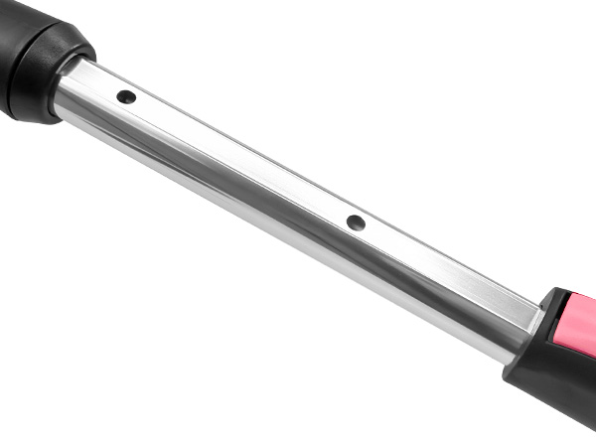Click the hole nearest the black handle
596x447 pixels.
pos(126,97)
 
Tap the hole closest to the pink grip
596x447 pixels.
pos(356,223)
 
